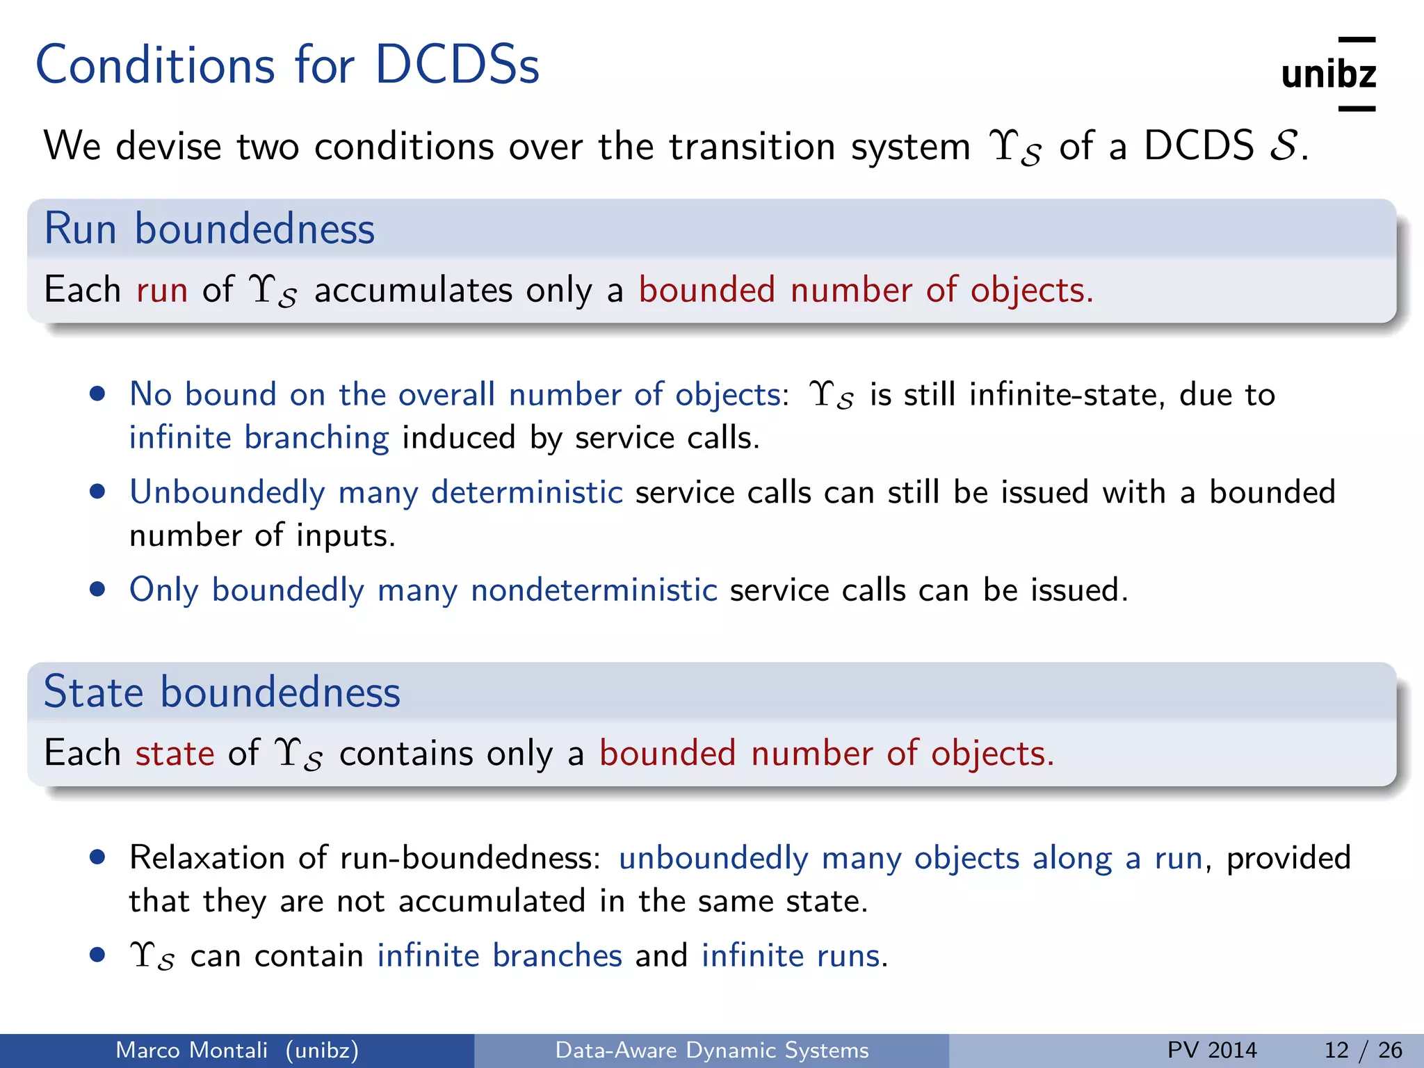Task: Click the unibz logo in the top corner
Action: [x=1329, y=74]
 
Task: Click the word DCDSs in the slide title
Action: [x=457, y=65]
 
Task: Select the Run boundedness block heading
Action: [x=209, y=229]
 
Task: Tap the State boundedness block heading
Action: [x=222, y=692]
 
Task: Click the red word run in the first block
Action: [x=162, y=291]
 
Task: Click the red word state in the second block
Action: [x=175, y=754]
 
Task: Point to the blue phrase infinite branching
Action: [x=259, y=438]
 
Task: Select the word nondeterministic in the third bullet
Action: [x=594, y=590]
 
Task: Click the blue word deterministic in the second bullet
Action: [x=526, y=492]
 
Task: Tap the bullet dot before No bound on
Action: [x=97, y=394]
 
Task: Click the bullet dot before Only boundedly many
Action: [x=97, y=590]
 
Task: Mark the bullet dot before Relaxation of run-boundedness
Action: [x=97, y=857]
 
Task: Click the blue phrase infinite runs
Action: [x=791, y=955]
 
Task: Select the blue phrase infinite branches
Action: [x=499, y=955]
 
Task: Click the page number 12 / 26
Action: [x=1363, y=1050]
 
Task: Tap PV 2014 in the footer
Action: [x=1212, y=1050]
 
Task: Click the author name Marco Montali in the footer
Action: [x=191, y=1050]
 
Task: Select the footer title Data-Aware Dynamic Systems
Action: [x=712, y=1050]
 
